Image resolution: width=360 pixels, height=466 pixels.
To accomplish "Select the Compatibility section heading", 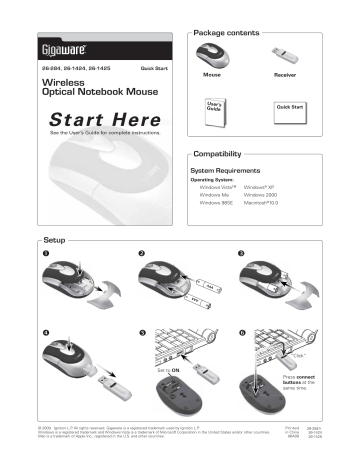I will [221, 156].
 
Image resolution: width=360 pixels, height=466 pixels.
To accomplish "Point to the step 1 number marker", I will [44, 253].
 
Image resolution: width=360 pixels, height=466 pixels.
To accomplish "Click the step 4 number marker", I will [44, 331].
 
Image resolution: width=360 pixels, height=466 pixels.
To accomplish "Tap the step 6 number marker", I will [242, 331].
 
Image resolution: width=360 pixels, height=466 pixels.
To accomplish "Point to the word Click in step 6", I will [299, 354].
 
